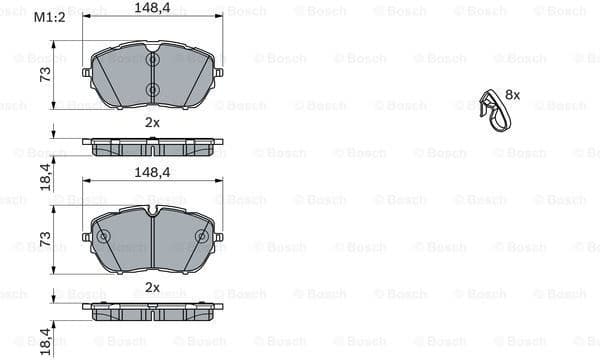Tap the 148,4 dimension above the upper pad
pyautogui.click(x=152, y=9)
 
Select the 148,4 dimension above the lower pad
pyautogui.click(x=152, y=172)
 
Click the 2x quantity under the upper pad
pyautogui.click(x=152, y=122)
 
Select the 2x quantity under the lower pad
pyautogui.click(x=152, y=287)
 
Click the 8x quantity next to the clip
pyautogui.click(x=513, y=94)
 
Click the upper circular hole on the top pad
pyautogui.click(x=152, y=60)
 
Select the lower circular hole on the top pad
pyautogui.click(x=152, y=91)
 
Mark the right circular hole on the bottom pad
pyautogui.click(x=201, y=237)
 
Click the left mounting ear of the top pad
pyautogui.click(x=88, y=73)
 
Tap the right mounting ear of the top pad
pyautogui.click(x=217, y=73)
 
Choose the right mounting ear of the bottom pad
pyautogui.click(x=217, y=237)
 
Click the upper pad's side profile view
pyautogui.click(x=152, y=146)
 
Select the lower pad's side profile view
pyautogui.click(x=152, y=311)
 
